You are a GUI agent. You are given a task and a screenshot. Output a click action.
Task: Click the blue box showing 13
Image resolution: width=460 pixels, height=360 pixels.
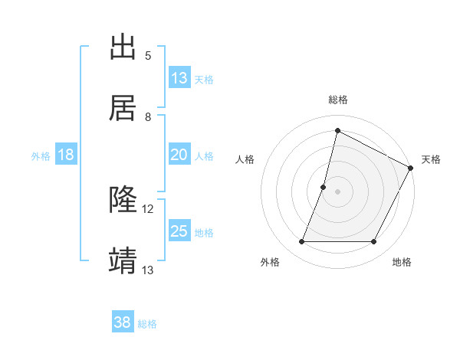click(179, 78)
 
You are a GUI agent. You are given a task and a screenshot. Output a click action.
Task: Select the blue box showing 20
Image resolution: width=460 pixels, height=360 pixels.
click(179, 155)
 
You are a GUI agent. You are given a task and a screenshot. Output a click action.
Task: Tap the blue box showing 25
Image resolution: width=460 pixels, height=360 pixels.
click(179, 231)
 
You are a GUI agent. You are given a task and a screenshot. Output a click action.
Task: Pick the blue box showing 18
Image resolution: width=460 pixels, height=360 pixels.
click(66, 155)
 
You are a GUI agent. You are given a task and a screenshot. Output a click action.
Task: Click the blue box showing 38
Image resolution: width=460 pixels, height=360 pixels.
click(123, 322)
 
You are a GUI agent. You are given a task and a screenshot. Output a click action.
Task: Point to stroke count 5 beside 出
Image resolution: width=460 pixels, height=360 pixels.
click(148, 56)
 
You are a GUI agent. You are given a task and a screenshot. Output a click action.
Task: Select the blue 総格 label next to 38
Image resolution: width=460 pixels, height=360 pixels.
click(147, 324)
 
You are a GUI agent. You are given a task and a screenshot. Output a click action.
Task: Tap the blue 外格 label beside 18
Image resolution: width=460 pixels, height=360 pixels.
click(41, 156)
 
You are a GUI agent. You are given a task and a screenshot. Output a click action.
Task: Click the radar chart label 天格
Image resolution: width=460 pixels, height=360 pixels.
click(431, 159)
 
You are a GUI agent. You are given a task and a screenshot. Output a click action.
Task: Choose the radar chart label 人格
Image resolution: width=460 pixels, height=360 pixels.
click(245, 159)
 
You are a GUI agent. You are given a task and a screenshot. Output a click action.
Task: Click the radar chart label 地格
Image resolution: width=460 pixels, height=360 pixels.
click(402, 263)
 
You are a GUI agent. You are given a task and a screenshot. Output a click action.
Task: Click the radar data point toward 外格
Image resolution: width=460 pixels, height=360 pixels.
click(301, 242)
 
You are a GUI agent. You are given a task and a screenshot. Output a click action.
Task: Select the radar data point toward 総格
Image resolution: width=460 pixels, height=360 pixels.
click(337, 130)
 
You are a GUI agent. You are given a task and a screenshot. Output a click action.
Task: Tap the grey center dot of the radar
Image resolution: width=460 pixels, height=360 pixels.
click(337, 191)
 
